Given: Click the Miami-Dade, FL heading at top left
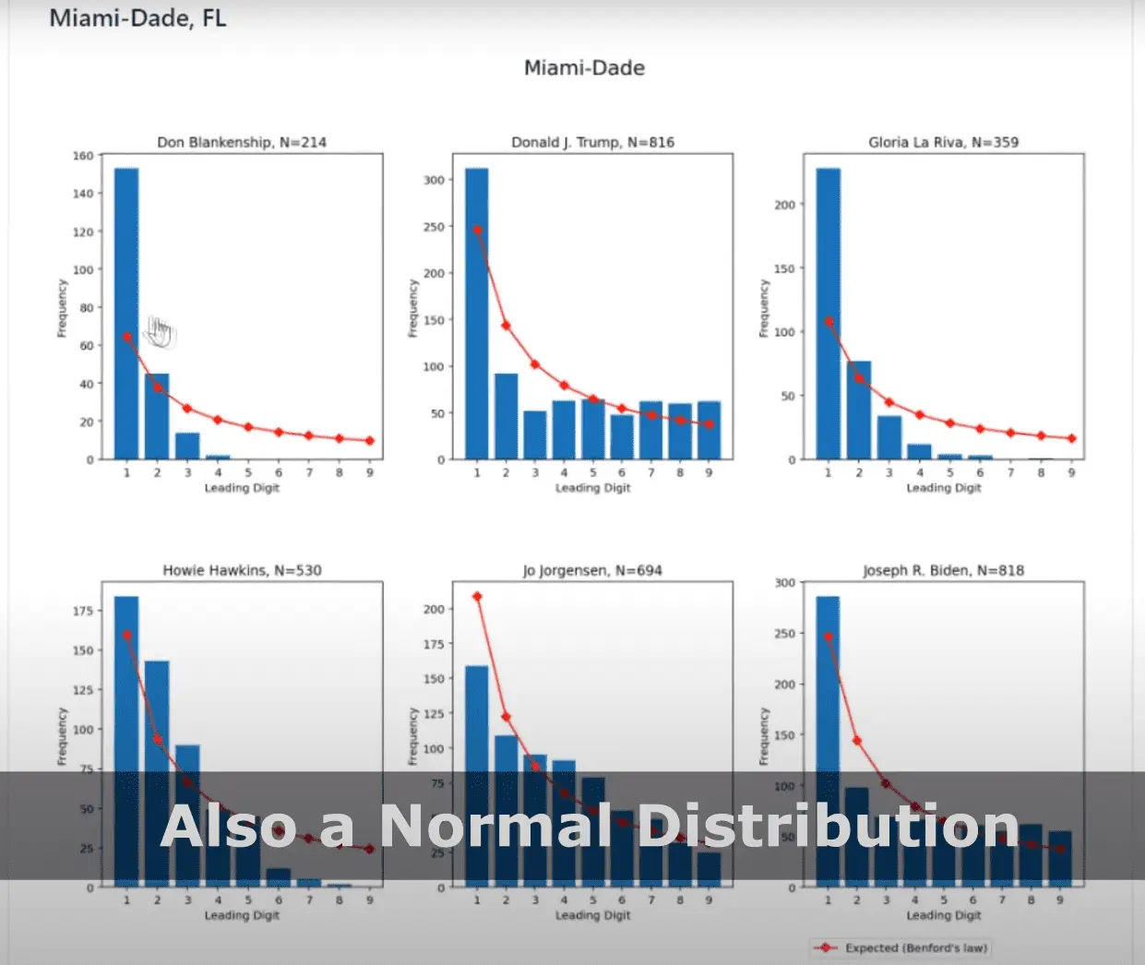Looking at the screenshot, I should pyautogui.click(x=137, y=18).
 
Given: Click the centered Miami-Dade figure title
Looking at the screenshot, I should pyautogui.click(x=584, y=68).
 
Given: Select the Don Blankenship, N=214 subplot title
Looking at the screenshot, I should pyautogui.click(x=242, y=142).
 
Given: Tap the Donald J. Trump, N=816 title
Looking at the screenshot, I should pyautogui.click(x=592, y=142).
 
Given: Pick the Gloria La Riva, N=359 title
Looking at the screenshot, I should pyautogui.click(x=943, y=142).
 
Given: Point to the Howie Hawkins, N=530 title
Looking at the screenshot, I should pyautogui.click(x=242, y=570).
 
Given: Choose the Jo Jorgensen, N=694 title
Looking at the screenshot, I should pyautogui.click(x=592, y=570).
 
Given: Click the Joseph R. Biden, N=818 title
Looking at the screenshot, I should pyautogui.click(x=943, y=570).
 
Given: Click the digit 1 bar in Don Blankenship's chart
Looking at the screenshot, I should pyautogui.click(x=126, y=314).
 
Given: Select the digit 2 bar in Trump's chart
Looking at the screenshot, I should pyautogui.click(x=506, y=416).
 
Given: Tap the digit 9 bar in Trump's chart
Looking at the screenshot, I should pyautogui.click(x=709, y=430).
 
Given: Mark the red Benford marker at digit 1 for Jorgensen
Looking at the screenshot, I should pyautogui.click(x=477, y=597).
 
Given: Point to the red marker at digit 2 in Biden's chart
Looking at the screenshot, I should pyautogui.click(x=857, y=741).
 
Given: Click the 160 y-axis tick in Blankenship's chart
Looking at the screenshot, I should pyautogui.click(x=83, y=156).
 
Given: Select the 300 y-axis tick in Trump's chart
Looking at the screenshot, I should pyautogui.click(x=434, y=180).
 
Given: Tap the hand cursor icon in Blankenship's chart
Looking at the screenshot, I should pyautogui.click(x=160, y=331).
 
